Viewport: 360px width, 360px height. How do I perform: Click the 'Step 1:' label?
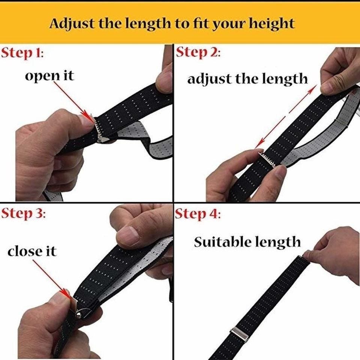tap(22, 53)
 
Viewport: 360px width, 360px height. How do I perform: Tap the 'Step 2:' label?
tap(198, 52)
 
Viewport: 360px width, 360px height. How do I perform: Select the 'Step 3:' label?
tap(23, 214)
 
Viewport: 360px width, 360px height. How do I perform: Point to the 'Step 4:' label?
tap(198, 214)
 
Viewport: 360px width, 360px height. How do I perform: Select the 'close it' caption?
tap(32, 251)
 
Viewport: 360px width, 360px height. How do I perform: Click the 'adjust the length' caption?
tap(247, 79)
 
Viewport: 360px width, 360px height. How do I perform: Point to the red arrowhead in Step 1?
tap(88, 116)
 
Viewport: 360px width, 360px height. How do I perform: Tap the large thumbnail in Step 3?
tap(128, 235)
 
